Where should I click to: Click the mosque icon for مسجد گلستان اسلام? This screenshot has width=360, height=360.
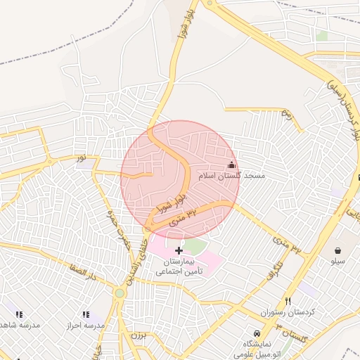pyautogui.click(x=231, y=165)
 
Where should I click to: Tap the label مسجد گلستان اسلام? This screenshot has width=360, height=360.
pyautogui.click(x=232, y=175)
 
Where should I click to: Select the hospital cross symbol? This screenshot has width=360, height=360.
pyautogui.click(x=179, y=250)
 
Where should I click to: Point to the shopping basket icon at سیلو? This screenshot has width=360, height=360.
pyautogui.click(x=338, y=250)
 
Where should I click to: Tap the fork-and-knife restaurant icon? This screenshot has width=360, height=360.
pyautogui.click(x=287, y=301)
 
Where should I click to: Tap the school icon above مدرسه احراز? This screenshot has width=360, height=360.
pyautogui.click(x=86, y=314)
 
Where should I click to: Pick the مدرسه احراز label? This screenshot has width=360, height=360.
pyautogui.click(x=85, y=326)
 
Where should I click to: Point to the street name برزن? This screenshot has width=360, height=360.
pyautogui.click(x=139, y=335)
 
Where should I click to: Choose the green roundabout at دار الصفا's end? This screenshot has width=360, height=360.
pyautogui.click(x=120, y=292)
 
